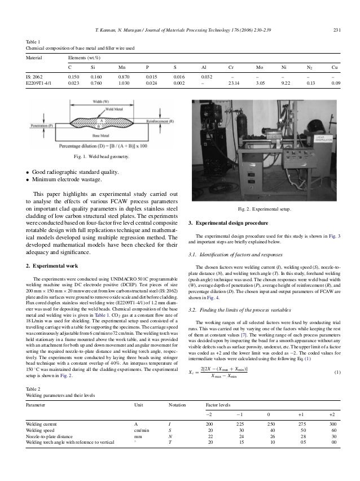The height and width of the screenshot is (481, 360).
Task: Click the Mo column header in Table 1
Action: point(259,65)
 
